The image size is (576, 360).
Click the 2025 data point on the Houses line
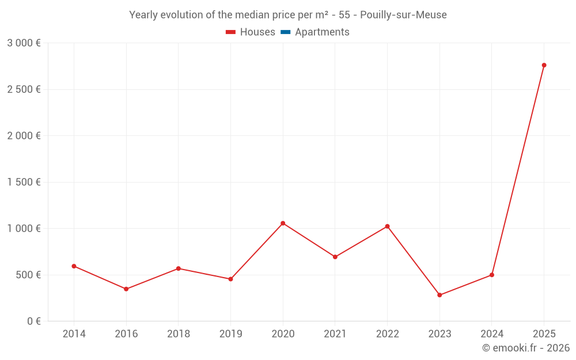544,65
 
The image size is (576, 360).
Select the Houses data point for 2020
283,223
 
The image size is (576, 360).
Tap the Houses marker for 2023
439,295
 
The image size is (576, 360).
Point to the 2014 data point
74,266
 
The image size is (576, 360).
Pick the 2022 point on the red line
387,226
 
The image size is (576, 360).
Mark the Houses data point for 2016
126,289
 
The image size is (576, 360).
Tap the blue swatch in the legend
285,32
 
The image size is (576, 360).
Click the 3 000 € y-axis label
24,43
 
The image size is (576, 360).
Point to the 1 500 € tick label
24,182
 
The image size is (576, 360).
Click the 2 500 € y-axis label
24,89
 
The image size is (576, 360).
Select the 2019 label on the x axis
230,334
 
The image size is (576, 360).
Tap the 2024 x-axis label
491,334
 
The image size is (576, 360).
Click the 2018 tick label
178,334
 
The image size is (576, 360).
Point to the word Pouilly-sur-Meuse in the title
403,15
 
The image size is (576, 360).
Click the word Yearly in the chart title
143,15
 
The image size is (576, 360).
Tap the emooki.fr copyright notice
526,348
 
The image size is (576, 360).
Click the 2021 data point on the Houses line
335,257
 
